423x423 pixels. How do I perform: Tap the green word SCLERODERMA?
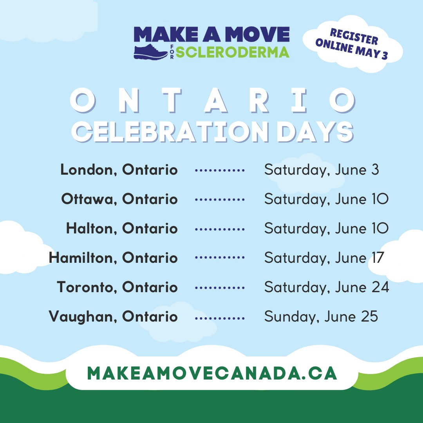(x=232, y=51)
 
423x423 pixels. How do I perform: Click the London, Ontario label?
(x=119, y=170)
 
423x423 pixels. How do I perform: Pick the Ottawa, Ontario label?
(x=119, y=199)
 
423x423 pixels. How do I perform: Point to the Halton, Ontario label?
(x=122, y=228)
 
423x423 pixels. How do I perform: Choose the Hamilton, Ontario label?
(x=113, y=258)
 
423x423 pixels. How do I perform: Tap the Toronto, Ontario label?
(x=117, y=287)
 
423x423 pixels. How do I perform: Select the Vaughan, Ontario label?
(x=114, y=316)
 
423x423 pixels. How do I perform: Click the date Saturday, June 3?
(x=322, y=170)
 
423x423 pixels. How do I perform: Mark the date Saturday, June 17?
(x=324, y=258)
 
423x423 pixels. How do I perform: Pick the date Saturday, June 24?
(x=327, y=287)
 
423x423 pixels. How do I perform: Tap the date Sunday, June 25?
(x=321, y=316)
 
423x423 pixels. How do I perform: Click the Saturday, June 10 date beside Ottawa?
(x=326, y=199)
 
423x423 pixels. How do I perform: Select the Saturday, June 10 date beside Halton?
(x=326, y=228)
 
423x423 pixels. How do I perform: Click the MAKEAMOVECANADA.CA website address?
(x=212, y=373)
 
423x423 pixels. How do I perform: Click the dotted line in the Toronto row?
(x=220, y=287)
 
